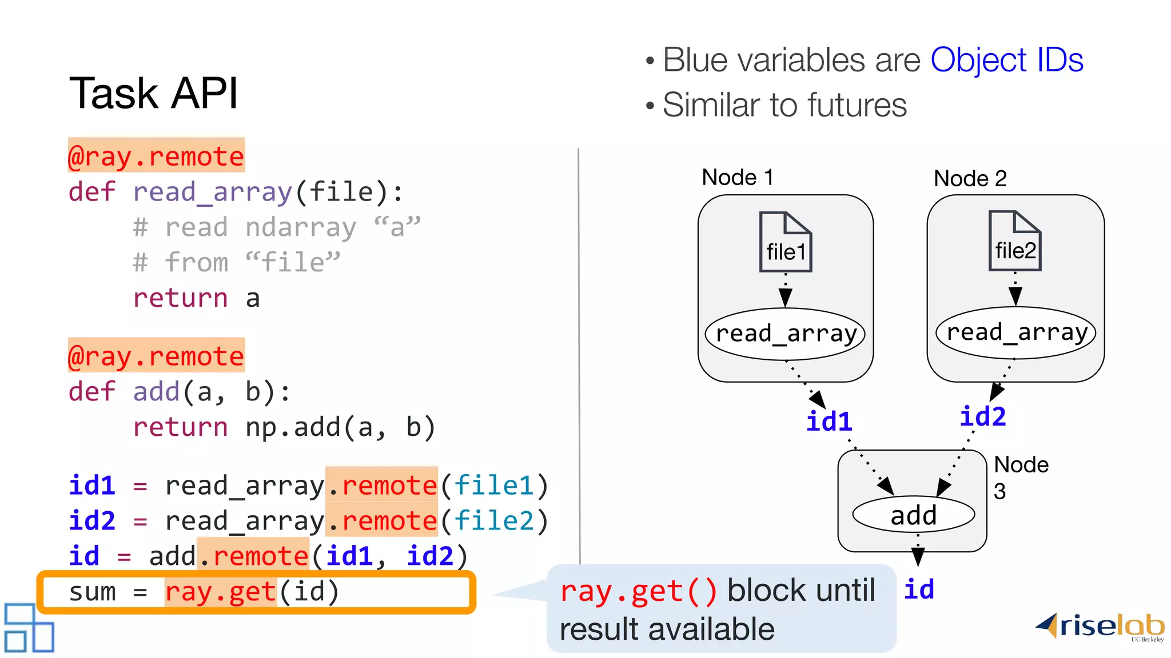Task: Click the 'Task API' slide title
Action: point(153,93)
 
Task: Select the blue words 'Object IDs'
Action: point(1006,60)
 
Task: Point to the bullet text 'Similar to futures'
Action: point(784,105)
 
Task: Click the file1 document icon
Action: point(785,242)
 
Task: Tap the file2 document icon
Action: point(1015,241)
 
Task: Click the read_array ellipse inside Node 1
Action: point(785,334)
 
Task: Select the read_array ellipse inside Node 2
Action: point(1015,332)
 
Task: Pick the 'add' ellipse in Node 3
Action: point(913,515)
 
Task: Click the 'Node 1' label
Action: point(738,178)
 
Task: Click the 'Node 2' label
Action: point(970,179)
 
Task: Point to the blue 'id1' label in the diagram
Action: point(829,422)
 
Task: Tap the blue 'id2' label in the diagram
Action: point(982,416)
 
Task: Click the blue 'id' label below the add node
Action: point(919,589)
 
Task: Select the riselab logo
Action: point(1101,627)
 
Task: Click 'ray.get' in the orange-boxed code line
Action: point(221,592)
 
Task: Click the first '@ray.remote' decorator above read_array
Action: point(156,155)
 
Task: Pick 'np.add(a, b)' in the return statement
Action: point(340,427)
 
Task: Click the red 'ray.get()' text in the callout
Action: point(638,591)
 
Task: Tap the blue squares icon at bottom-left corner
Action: point(29,628)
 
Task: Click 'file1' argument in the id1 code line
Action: point(494,486)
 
